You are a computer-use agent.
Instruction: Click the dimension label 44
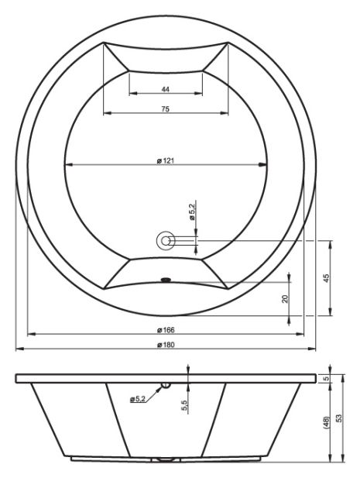tap(166, 89)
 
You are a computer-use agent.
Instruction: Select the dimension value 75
tap(166, 108)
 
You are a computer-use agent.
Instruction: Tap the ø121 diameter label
tap(166, 160)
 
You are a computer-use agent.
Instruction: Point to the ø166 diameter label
tap(166, 330)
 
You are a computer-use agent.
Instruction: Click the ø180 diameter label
tap(166, 345)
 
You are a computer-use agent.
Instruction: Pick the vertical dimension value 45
tap(326, 278)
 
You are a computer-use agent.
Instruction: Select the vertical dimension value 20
tap(285, 299)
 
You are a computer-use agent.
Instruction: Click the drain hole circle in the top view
tap(166, 241)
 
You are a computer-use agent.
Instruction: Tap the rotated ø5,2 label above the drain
tap(192, 211)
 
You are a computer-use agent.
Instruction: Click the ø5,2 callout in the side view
tap(138, 399)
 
